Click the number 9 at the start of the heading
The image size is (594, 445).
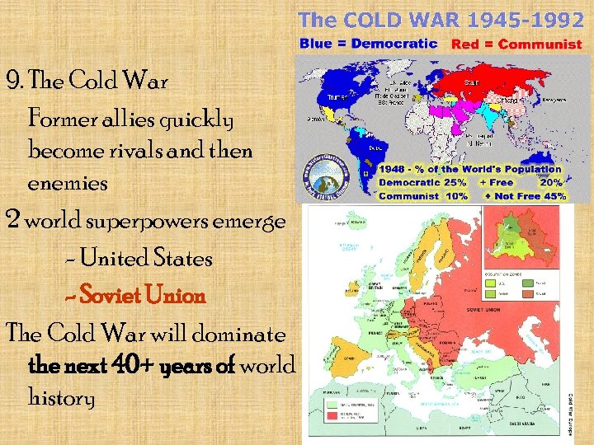pos(12,82)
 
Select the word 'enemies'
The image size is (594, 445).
pos(68,184)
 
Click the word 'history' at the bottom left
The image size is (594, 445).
pos(62,398)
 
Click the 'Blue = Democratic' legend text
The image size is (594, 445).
pos(368,43)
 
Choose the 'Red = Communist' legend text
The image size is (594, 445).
pos(516,44)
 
